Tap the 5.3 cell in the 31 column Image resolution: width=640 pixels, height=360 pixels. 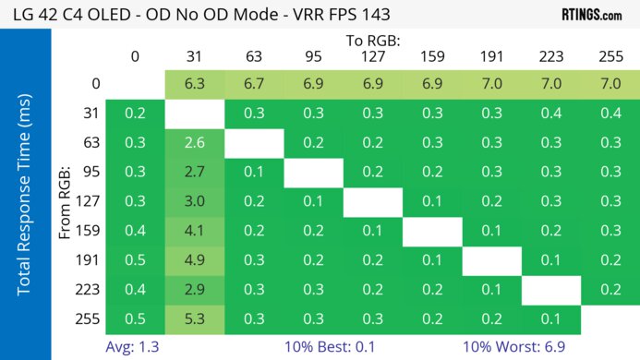tap(194, 320)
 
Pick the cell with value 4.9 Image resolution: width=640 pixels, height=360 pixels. tap(194, 261)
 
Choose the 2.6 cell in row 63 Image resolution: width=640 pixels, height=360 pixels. tap(194, 143)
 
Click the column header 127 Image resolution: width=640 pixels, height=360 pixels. tap(372, 56)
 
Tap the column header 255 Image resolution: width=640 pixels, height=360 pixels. tap(610, 56)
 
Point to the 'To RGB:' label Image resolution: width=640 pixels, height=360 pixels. tap(372, 41)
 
